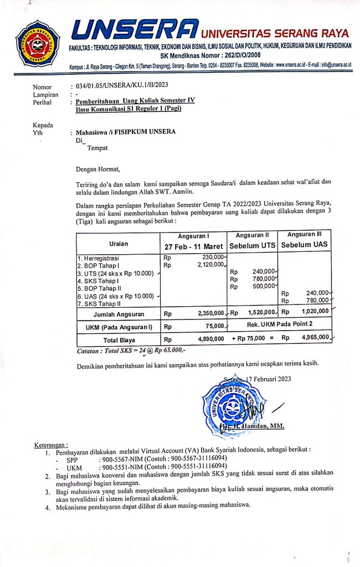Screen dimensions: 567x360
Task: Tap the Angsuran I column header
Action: [x=192, y=235]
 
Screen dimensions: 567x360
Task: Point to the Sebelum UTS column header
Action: [x=252, y=245]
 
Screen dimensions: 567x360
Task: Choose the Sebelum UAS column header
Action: [x=304, y=244]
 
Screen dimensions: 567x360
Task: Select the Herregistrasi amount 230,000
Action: [x=212, y=257]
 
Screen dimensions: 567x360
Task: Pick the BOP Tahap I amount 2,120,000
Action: [x=209, y=265]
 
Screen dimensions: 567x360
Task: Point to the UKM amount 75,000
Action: [x=214, y=326]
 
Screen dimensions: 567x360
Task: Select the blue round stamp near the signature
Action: [x=229, y=404]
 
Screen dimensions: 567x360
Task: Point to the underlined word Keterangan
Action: [x=50, y=445]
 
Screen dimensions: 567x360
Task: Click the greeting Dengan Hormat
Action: [x=97, y=169]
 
